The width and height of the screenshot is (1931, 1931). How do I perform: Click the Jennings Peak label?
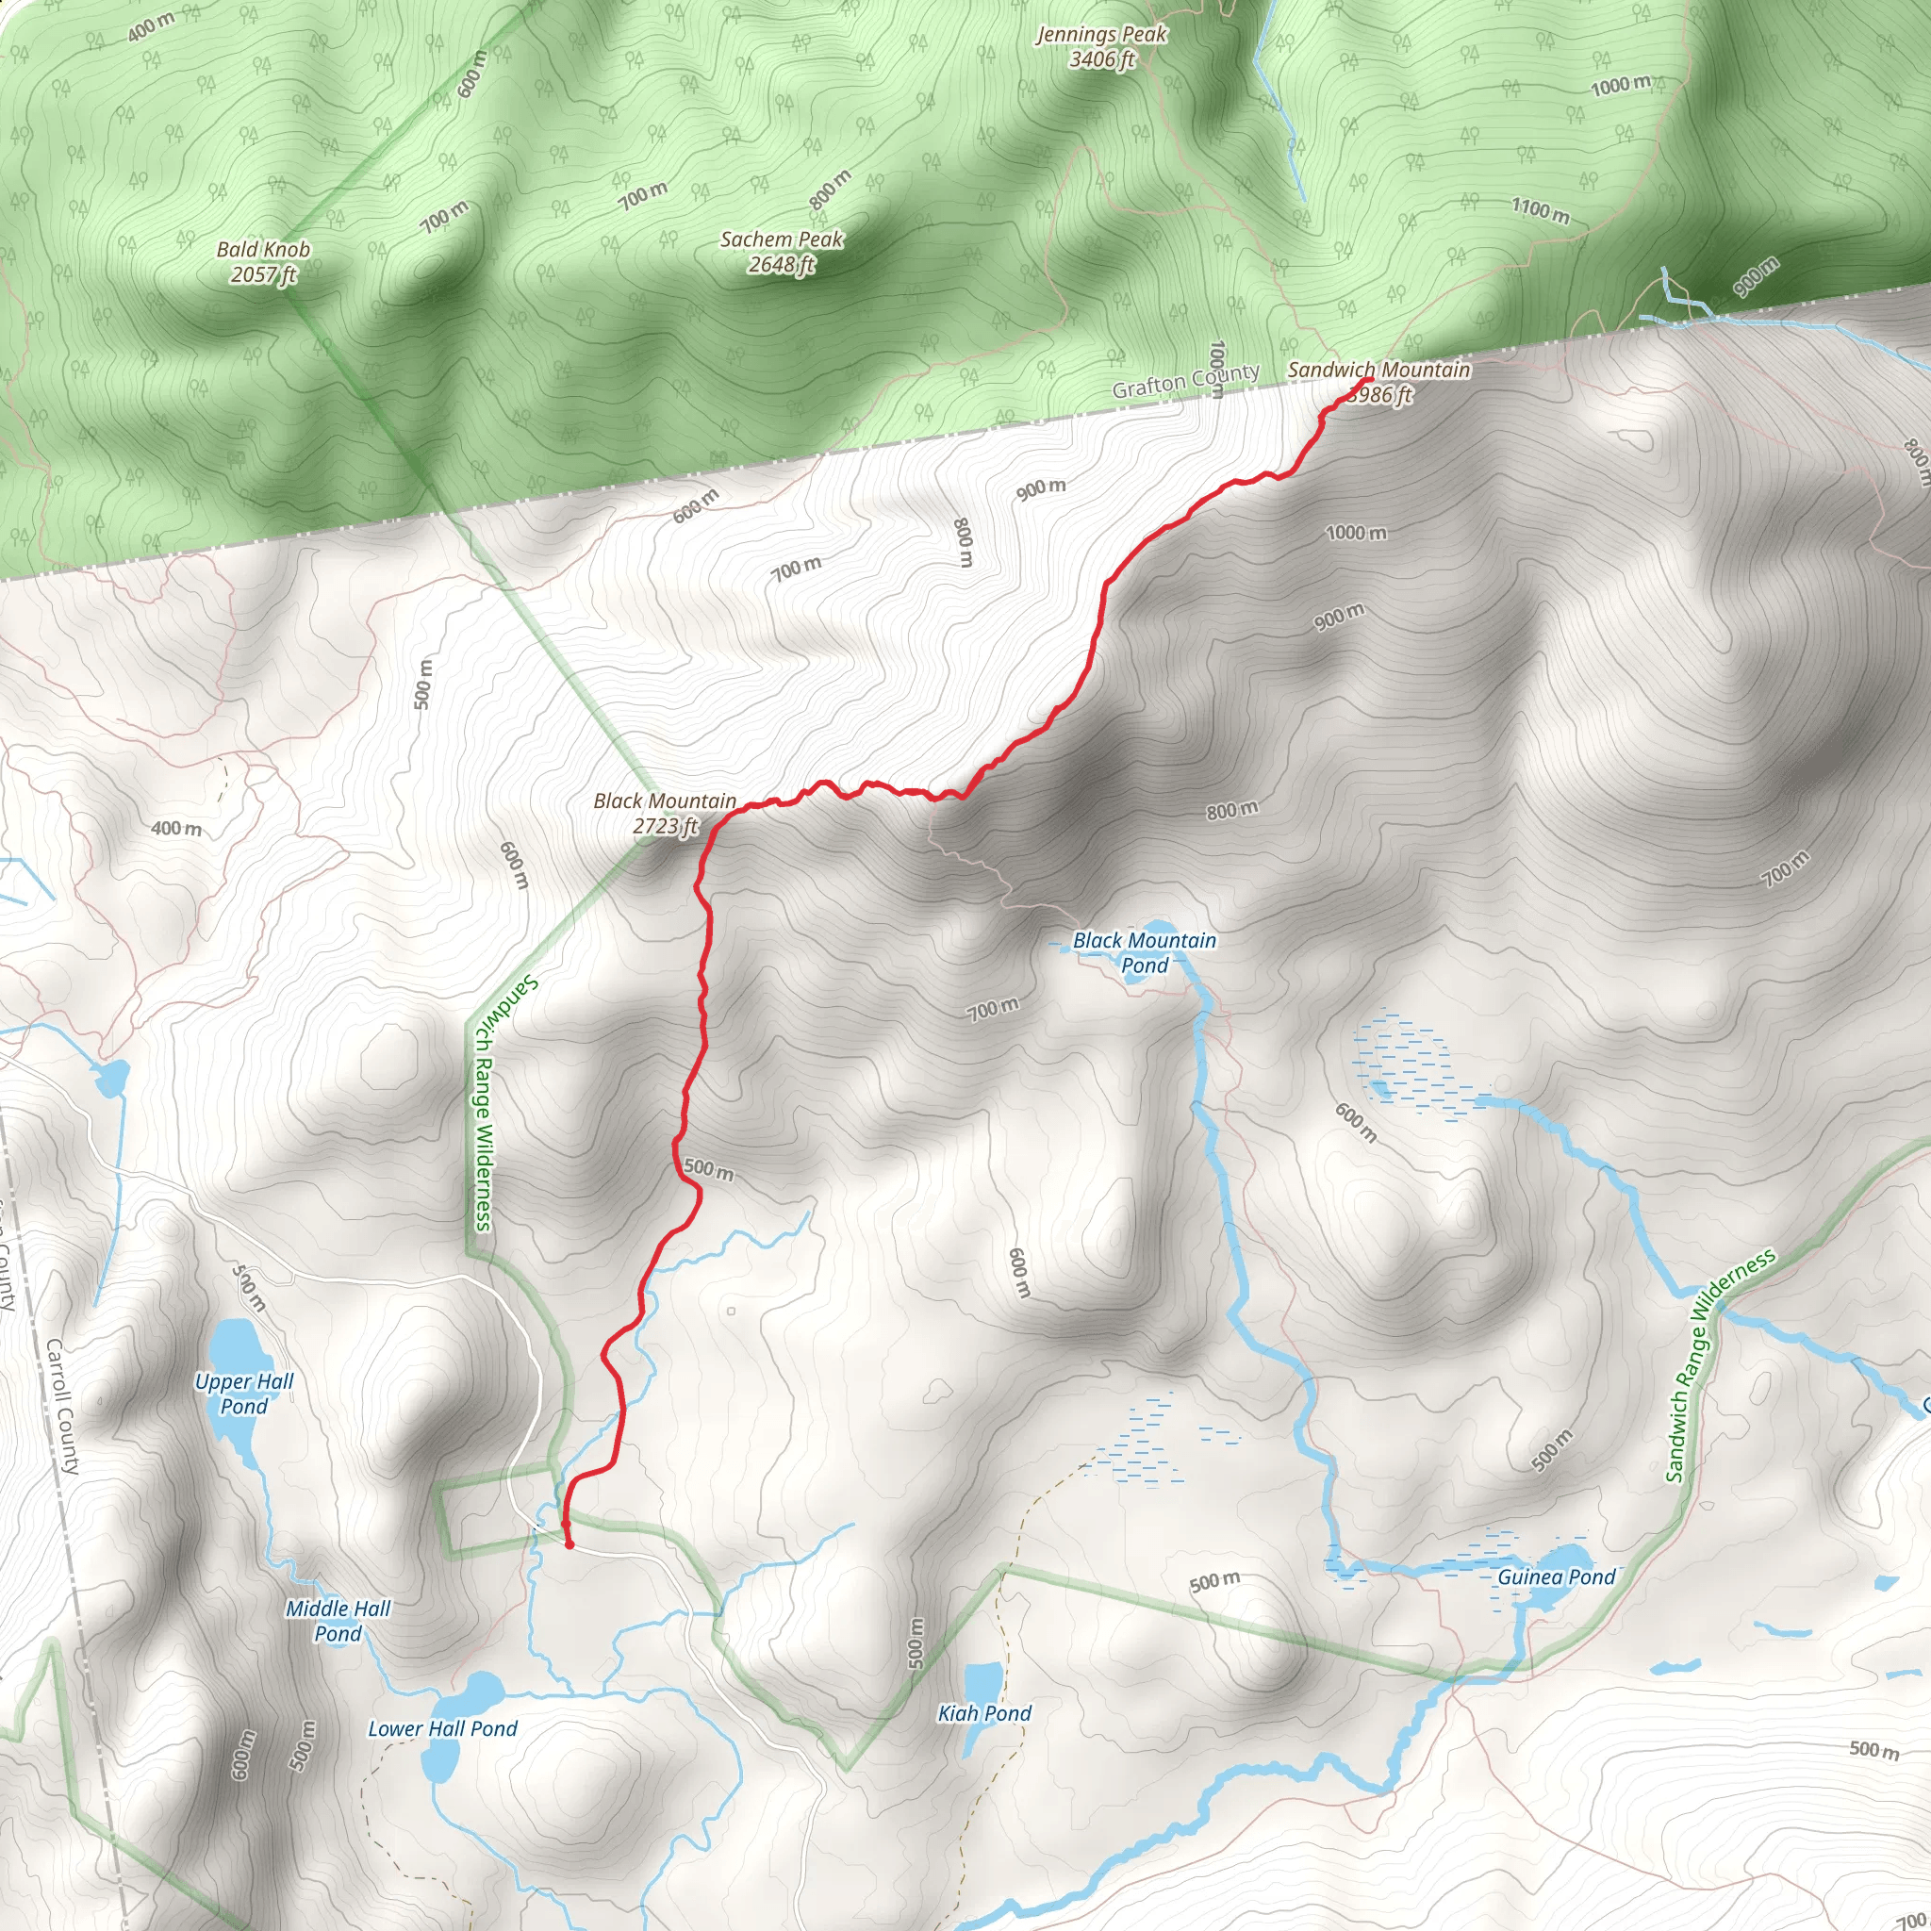click(1101, 47)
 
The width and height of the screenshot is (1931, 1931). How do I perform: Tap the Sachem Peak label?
click(782, 252)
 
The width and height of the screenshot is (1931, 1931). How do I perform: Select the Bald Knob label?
click(263, 262)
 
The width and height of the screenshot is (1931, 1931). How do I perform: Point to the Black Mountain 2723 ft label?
click(665, 814)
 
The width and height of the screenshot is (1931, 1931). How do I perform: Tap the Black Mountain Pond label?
click(1145, 952)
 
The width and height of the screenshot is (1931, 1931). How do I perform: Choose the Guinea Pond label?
click(1555, 1577)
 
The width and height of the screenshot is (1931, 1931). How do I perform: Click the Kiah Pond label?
click(983, 1713)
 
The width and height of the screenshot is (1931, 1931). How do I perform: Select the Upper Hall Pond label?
click(244, 1394)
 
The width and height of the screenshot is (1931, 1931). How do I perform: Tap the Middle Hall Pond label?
click(338, 1620)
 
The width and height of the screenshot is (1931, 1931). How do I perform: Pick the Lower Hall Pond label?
click(443, 1728)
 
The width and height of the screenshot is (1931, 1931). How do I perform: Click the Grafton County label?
click(1185, 380)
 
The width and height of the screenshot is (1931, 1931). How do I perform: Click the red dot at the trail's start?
click(569, 1544)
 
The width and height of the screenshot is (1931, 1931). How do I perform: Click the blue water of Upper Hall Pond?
click(236, 1349)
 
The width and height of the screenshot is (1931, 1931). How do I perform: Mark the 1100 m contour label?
click(1539, 210)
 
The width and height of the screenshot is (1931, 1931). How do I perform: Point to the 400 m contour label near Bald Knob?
click(151, 27)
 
